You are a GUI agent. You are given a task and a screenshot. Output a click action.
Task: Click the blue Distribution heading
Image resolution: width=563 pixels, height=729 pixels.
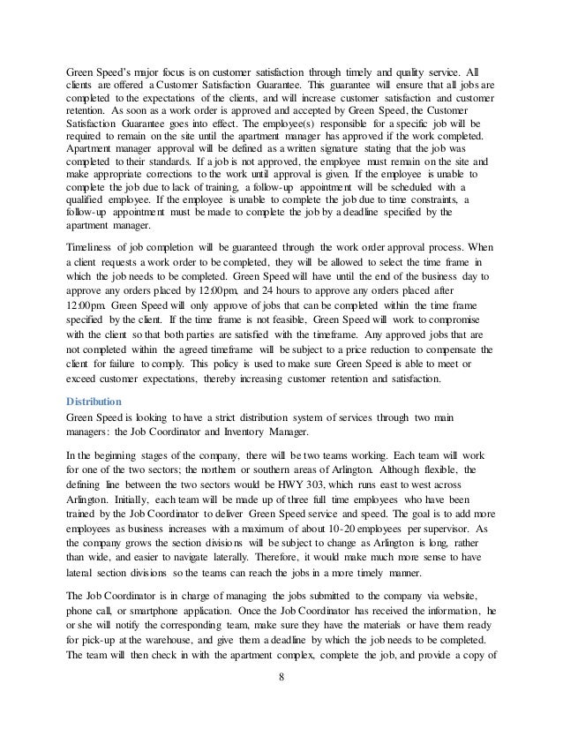(99, 401)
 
